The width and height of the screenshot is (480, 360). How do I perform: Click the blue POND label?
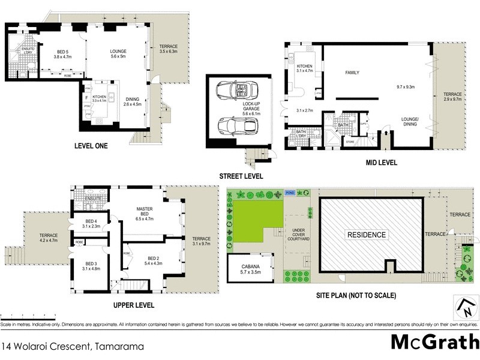[290, 193]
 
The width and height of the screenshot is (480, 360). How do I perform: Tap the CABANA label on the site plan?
[250, 269]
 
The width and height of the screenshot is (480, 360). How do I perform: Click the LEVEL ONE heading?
[91, 145]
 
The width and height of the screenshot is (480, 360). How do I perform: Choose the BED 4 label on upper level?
[79, 223]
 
